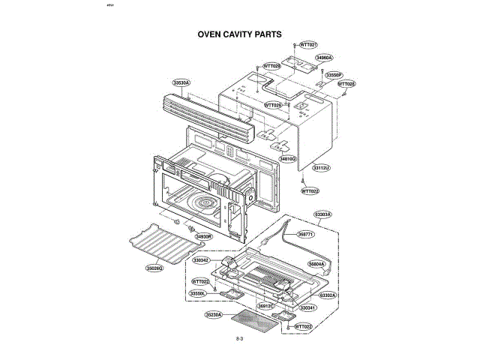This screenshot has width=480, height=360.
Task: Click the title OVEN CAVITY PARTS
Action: point(239,34)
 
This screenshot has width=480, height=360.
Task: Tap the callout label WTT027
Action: point(308,45)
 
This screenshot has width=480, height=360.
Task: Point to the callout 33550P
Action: point(334,75)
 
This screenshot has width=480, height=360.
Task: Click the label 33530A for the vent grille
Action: point(181,82)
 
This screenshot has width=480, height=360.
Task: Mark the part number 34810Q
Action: point(289,159)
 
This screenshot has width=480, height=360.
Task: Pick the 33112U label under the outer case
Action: point(321,167)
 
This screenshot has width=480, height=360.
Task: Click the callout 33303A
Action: point(322,215)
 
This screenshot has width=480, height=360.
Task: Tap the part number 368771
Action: point(306,234)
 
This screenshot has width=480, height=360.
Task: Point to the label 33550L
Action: point(198,293)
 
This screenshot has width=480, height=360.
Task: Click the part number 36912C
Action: point(266,306)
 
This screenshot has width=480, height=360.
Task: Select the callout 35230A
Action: point(214,315)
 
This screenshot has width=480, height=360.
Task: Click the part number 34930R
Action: point(205,237)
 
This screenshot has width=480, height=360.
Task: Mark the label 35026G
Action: point(155,267)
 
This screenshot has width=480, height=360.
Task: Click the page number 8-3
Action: point(240,340)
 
